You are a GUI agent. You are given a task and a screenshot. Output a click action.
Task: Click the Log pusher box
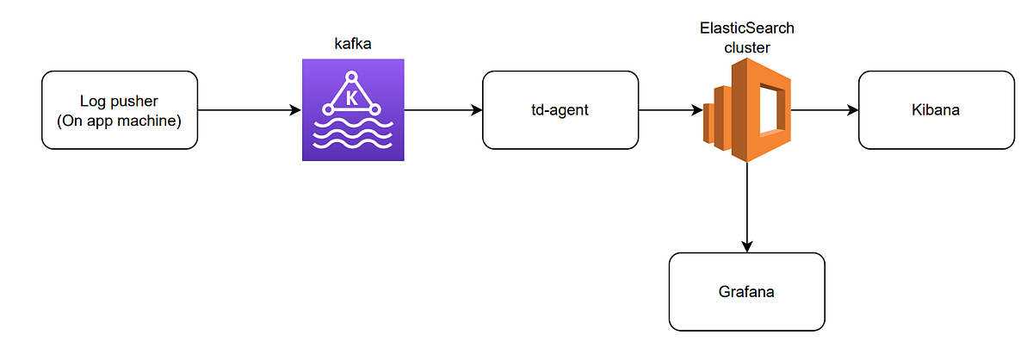(119, 109)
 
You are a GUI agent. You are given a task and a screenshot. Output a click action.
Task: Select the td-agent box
(560, 109)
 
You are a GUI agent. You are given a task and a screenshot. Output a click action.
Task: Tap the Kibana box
(936, 109)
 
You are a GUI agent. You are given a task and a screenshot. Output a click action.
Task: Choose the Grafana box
(746, 291)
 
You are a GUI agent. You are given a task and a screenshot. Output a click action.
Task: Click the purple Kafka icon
(352, 110)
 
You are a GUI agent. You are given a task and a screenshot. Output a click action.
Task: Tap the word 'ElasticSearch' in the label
(746, 28)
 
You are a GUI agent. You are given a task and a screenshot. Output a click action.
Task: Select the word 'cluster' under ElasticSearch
(746, 47)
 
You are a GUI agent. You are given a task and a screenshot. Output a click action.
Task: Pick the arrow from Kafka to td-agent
(442, 110)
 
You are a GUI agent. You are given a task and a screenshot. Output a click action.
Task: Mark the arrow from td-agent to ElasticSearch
(670, 110)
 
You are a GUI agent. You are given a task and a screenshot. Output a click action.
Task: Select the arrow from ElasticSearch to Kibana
(824, 110)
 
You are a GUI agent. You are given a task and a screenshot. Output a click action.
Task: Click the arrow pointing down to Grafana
(746, 207)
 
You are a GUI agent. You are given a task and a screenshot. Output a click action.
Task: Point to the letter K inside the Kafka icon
(351, 98)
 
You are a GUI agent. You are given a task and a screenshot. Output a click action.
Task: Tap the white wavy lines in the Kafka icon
(352, 137)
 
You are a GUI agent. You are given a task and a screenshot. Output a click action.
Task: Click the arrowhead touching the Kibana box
(852, 110)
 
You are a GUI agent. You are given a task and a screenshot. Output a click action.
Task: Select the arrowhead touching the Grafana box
(746, 246)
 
